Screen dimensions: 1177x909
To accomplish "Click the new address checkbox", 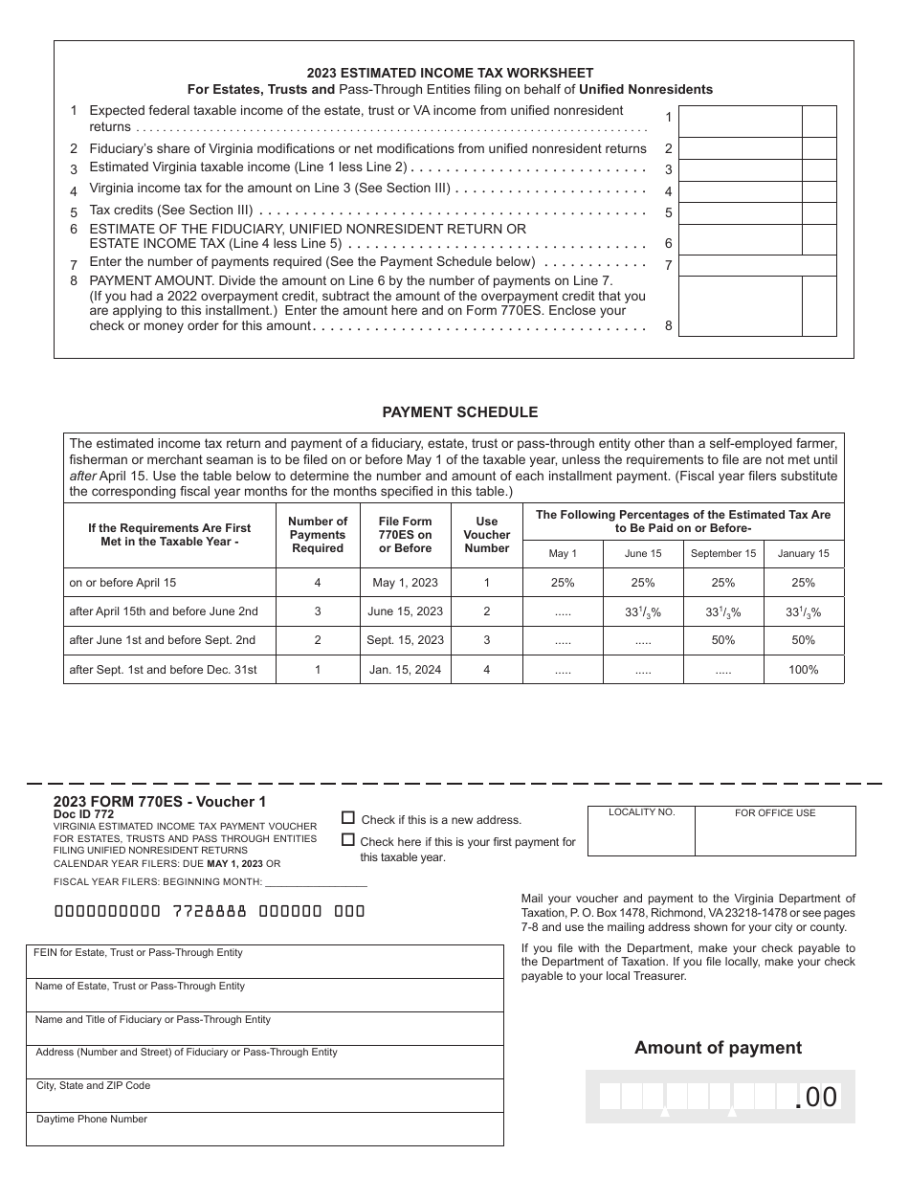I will tap(348, 818).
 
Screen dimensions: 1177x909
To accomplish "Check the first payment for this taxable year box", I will tap(348, 840).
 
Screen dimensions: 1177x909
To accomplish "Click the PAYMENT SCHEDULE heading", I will tap(459, 412).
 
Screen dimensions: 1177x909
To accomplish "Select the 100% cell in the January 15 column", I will tap(804, 670).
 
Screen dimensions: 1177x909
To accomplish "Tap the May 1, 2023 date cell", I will tap(405, 583).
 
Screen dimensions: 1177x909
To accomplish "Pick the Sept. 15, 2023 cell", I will tap(405, 640).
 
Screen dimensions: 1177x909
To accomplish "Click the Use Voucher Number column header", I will tap(486, 535).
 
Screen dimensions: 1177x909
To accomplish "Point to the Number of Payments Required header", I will tap(317, 535).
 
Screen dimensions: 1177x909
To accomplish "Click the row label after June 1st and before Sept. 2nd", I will tap(163, 640).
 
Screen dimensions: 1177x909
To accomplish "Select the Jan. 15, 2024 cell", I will tap(405, 670).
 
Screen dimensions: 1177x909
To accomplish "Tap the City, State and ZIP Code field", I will tap(264, 1097).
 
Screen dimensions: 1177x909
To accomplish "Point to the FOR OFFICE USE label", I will tap(775, 813).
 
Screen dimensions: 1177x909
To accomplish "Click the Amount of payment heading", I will tap(718, 1048).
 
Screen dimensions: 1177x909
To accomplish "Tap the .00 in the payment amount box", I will tap(816, 1098).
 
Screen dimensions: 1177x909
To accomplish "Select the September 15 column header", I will tap(723, 553).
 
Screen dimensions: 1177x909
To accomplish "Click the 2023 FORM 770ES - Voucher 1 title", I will tap(160, 802).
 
